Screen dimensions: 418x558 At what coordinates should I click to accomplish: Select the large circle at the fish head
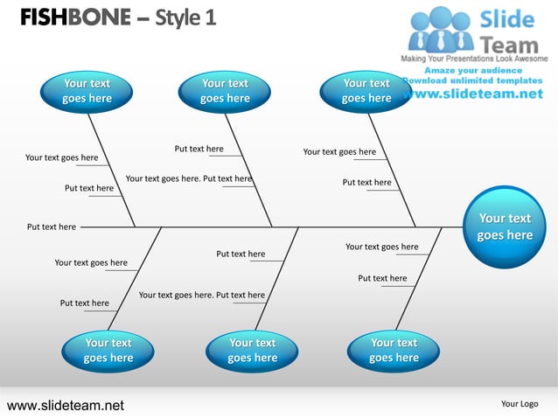(505, 226)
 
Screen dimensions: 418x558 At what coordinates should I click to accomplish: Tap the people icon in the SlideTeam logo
(442, 29)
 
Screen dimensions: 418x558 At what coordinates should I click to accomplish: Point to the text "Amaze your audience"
(473, 70)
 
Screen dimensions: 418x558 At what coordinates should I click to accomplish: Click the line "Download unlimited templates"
(473, 81)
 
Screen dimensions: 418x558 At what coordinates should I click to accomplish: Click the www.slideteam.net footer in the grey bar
(66, 405)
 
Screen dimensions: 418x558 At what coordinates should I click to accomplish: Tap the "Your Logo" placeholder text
(520, 404)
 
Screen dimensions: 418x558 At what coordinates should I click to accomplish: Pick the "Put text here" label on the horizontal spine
(52, 226)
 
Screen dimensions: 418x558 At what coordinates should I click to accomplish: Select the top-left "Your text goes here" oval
(87, 91)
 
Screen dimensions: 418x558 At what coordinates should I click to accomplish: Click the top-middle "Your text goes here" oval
(225, 91)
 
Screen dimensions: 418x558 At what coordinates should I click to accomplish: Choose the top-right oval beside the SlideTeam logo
(366, 91)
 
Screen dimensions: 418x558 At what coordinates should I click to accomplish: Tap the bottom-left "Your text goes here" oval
(108, 350)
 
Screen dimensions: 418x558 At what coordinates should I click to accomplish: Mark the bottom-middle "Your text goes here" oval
(252, 350)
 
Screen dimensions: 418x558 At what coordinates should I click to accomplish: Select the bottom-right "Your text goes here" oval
(394, 350)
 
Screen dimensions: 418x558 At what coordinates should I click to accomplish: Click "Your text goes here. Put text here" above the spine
(189, 178)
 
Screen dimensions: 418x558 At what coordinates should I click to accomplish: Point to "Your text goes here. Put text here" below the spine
(201, 295)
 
